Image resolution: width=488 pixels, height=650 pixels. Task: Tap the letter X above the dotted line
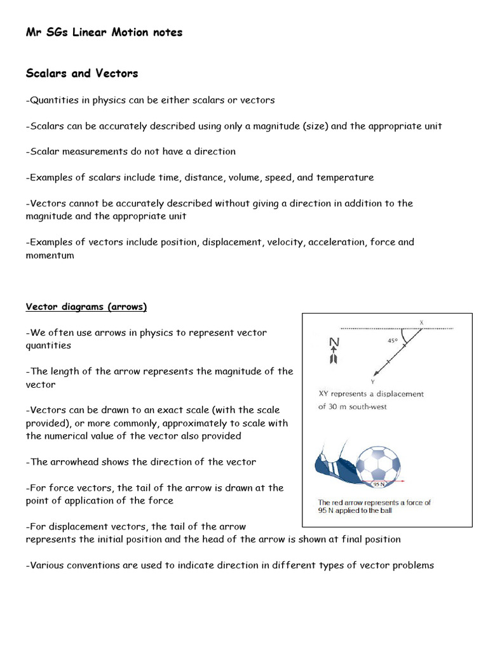[x=421, y=322]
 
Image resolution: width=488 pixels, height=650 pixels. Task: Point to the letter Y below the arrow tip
[x=373, y=382]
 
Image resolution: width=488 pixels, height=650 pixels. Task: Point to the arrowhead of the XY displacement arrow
[x=376, y=373]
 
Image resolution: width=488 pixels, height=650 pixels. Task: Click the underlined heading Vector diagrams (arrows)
[x=86, y=307]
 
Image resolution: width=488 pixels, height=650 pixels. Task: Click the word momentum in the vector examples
[x=50, y=255]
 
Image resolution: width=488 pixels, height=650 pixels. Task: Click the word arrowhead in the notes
[x=79, y=462]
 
